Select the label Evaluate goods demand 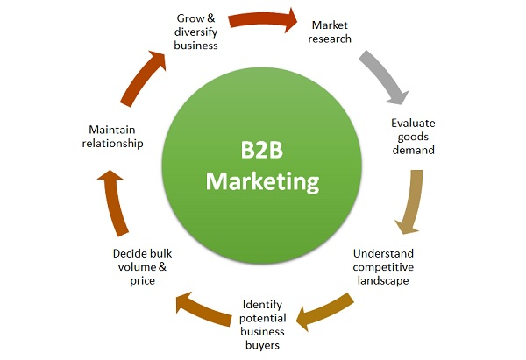click(x=413, y=137)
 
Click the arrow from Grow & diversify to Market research click(x=262, y=18)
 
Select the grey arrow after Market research click(x=383, y=76)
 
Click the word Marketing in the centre click(x=262, y=182)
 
